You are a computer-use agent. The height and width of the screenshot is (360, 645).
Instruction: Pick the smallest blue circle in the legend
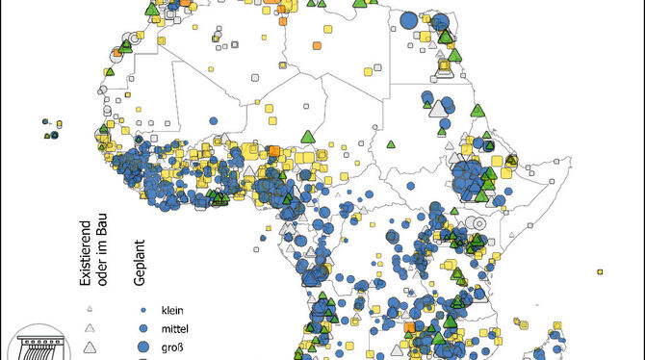tap(142, 310)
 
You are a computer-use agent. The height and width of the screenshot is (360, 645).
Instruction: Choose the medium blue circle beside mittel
tap(142, 327)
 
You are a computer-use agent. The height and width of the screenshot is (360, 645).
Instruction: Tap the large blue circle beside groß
tap(142, 346)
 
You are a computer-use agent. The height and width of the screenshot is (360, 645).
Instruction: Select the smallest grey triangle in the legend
tap(90, 309)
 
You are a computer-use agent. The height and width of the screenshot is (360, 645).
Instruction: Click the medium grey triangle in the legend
tap(90, 326)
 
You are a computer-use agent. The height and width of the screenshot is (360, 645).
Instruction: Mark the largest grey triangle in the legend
tap(90, 345)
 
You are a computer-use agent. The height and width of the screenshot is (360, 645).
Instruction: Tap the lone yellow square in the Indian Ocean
tap(600, 270)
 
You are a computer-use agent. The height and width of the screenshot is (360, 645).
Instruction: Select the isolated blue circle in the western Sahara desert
tap(253, 74)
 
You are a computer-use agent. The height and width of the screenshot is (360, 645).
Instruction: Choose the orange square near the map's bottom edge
tap(410, 328)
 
